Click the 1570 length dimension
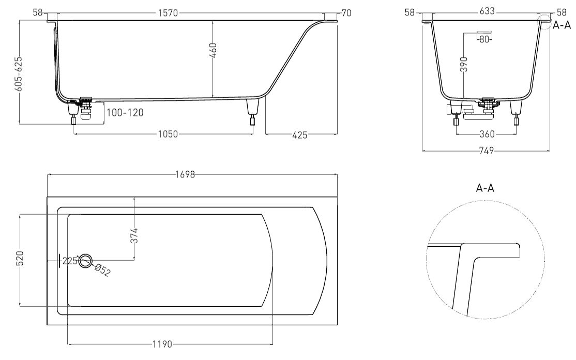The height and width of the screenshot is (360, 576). point(168,13)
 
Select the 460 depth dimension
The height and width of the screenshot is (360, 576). point(213,50)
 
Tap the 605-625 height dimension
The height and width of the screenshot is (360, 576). point(19,73)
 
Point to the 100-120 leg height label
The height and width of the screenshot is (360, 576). point(125,112)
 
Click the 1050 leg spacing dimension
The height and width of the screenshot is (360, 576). point(168,134)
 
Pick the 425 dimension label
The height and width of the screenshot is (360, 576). point(299,135)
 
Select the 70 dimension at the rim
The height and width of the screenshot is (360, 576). point(346,13)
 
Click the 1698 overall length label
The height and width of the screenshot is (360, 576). point(185,174)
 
